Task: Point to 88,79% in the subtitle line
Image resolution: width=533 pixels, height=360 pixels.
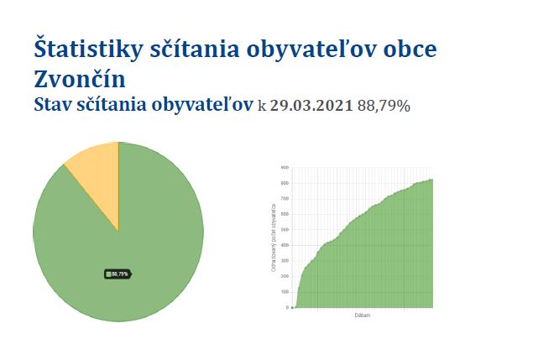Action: [x=384, y=106]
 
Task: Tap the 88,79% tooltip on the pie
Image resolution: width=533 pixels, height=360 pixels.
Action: [x=118, y=274]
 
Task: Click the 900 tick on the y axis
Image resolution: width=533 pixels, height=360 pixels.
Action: [x=285, y=168]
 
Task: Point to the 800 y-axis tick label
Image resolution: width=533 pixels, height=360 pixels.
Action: [x=285, y=183]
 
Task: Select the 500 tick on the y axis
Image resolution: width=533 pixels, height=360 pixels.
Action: [x=285, y=230]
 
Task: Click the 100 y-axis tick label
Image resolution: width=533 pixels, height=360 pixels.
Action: [x=285, y=292]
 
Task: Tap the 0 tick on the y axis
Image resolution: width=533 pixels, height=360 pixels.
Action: [x=287, y=308]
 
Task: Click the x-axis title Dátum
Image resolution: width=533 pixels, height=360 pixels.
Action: [x=363, y=316]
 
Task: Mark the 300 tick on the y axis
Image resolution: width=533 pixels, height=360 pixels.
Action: [x=285, y=261]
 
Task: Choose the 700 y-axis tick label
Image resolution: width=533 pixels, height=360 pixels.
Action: [x=285, y=199]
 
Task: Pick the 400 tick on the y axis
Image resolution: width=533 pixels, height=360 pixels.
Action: [x=285, y=245]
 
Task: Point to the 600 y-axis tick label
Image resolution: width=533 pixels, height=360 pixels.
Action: [x=285, y=214]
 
